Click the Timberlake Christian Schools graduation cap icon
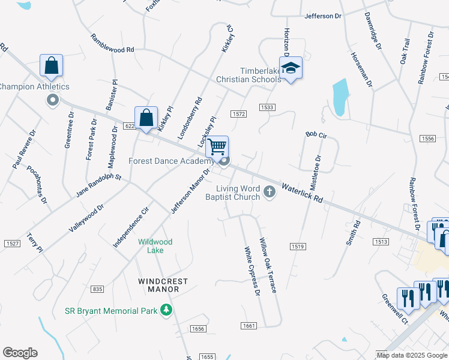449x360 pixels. click(291, 68)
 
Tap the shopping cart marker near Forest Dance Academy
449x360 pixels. click(217, 146)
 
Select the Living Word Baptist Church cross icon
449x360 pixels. click(270, 192)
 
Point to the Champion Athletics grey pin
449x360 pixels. click(53, 100)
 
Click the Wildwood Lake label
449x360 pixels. click(155, 246)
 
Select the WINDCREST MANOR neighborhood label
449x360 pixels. click(163, 285)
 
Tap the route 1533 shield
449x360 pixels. click(267, 107)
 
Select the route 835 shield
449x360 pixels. click(98, 289)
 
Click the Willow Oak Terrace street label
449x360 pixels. click(267, 265)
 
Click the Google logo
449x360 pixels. click(20, 353)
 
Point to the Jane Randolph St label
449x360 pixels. click(98, 186)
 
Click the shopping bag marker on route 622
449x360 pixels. click(146, 118)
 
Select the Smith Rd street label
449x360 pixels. click(352, 233)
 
